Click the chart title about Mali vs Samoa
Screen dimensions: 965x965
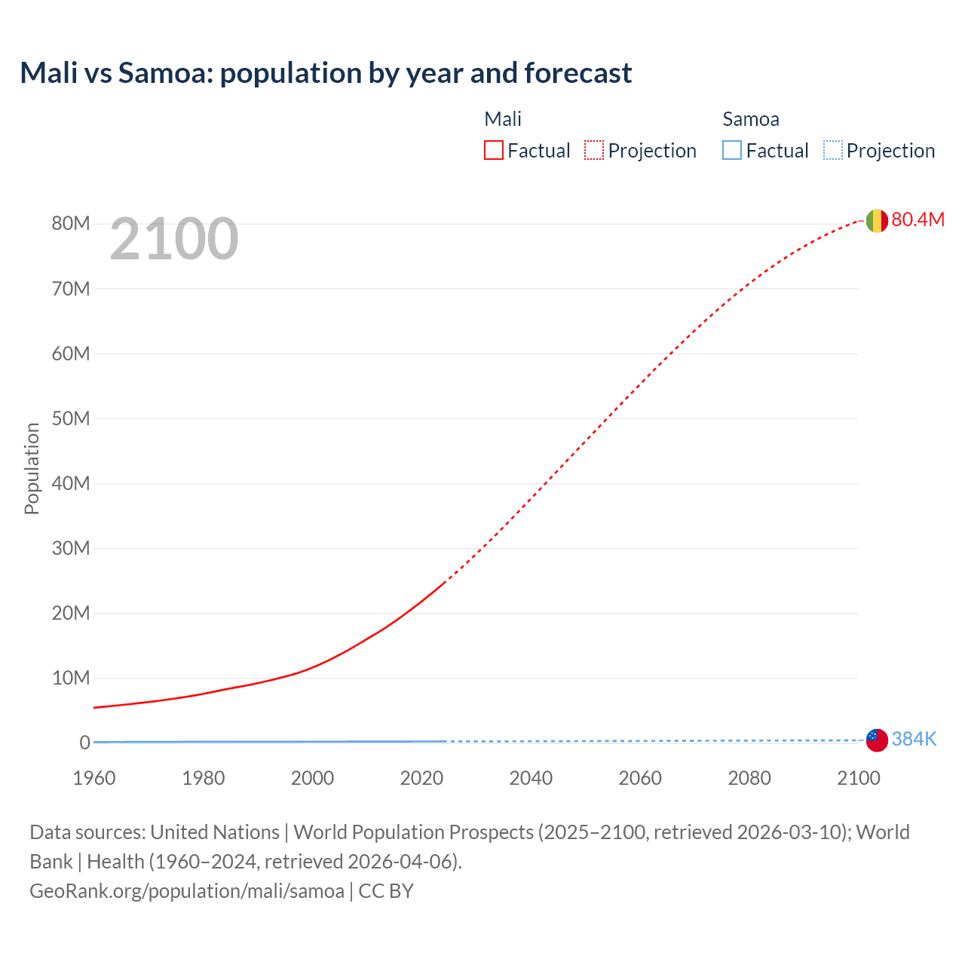[x=326, y=73]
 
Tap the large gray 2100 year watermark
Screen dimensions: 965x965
[x=174, y=239]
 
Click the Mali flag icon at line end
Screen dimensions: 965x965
[x=877, y=220]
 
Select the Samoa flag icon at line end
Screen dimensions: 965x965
[x=877, y=740]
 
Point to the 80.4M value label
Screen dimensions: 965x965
[x=918, y=219]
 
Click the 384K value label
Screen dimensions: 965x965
[x=914, y=739]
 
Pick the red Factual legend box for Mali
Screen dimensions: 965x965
[x=494, y=151]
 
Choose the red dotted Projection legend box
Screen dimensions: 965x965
[x=594, y=151]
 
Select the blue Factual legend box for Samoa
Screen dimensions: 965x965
[x=732, y=151]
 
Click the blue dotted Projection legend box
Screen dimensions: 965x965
[x=833, y=151]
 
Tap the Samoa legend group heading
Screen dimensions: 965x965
[x=751, y=119]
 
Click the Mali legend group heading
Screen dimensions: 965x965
[x=503, y=119]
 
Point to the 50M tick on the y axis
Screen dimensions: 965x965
[x=71, y=418]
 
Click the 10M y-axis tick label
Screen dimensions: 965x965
[x=71, y=678]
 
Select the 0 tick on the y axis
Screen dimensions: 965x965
[x=84, y=743]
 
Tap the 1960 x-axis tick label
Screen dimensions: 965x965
[x=94, y=778]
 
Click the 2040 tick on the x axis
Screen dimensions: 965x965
[x=531, y=778]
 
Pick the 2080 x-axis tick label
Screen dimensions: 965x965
[x=749, y=778]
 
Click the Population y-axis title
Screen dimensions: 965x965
[x=32, y=468]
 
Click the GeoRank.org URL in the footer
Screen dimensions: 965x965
[x=187, y=891]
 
